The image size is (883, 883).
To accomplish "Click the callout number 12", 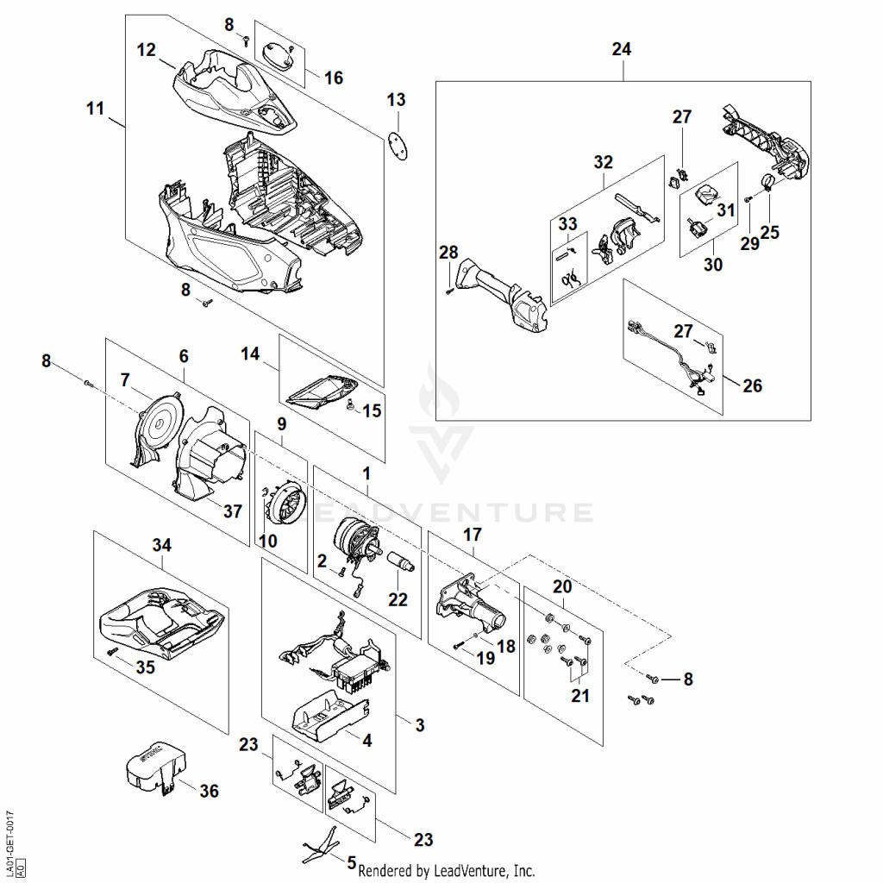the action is click(146, 50).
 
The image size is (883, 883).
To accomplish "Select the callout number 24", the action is click(621, 49).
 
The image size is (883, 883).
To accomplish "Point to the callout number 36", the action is click(209, 791).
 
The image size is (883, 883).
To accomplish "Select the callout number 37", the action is click(233, 510).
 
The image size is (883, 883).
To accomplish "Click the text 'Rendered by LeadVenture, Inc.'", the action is click(447, 871).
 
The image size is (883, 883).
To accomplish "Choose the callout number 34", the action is click(161, 545).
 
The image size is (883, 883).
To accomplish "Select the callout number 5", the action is click(352, 862).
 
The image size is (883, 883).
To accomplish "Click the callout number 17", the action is click(473, 535).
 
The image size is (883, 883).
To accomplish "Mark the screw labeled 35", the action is click(111, 651).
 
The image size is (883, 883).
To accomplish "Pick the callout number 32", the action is click(603, 162).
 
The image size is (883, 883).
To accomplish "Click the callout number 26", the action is click(752, 385).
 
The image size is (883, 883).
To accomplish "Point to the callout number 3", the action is click(420, 725).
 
